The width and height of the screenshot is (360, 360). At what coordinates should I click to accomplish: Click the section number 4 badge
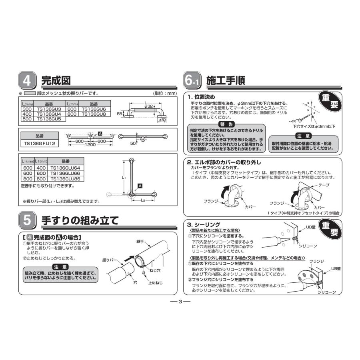tap(28, 81)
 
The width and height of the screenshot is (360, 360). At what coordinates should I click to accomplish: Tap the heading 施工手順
tap(225, 80)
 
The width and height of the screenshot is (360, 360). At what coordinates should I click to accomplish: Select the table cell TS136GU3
tap(49, 109)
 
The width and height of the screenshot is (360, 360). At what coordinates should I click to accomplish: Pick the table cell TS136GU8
tap(93, 114)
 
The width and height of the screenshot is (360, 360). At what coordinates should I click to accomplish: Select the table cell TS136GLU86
tap(65, 179)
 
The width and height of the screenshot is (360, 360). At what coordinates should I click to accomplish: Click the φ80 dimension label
tap(162, 120)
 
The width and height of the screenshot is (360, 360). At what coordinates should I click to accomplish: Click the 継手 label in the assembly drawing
tap(140, 242)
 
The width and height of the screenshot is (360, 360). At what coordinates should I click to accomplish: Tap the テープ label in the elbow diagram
tap(324, 185)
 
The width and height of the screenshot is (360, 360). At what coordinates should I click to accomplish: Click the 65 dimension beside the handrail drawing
tap(119, 114)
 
